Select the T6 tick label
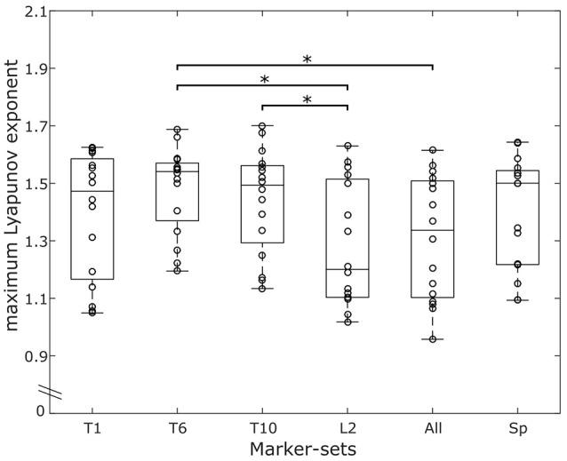178,429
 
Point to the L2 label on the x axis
347,429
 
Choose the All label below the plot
433,429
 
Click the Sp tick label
518,429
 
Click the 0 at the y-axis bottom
40,410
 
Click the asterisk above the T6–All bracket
307,59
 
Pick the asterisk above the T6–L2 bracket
264,80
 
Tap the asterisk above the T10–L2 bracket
307,100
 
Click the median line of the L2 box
347,269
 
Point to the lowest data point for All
433,338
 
